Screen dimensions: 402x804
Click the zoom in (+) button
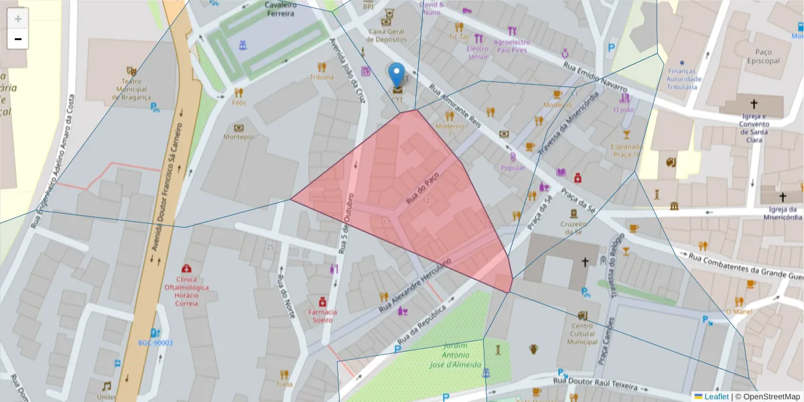point(18,19)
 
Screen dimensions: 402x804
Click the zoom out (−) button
point(18,39)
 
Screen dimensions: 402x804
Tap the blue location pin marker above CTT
point(397,75)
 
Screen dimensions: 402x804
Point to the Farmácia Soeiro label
point(323,316)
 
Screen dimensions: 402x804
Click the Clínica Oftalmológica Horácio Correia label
point(188,290)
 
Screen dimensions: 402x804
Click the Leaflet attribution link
point(716,397)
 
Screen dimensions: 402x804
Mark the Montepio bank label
point(239,137)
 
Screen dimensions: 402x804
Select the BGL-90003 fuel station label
point(155,343)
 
